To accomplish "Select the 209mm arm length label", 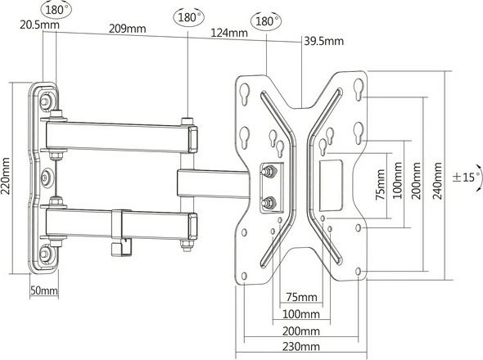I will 127,29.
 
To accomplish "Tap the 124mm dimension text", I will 229,34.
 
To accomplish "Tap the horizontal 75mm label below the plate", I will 301,296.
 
